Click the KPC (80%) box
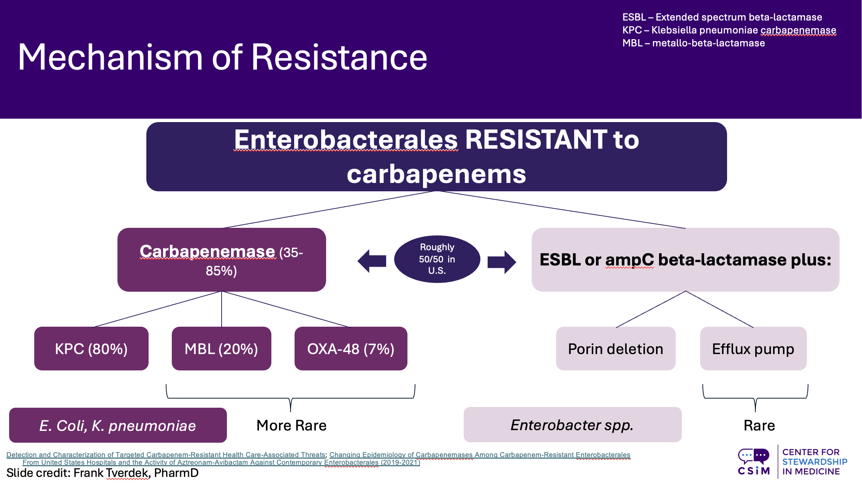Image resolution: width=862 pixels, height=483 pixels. click(x=91, y=348)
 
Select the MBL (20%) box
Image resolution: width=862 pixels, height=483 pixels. click(x=221, y=348)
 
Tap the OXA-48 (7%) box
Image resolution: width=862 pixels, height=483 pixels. click(x=350, y=348)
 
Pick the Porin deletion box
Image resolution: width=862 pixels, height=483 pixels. click(x=615, y=348)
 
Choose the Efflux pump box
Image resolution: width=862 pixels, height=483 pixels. click(x=753, y=348)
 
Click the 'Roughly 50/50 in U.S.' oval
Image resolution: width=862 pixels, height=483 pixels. click(x=437, y=259)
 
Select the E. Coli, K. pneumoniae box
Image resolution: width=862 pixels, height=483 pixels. click(x=118, y=425)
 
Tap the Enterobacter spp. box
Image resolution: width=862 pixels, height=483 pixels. click(x=572, y=424)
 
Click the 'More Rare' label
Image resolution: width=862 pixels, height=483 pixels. click(x=292, y=425)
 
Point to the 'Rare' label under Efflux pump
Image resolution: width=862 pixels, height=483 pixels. click(x=759, y=425)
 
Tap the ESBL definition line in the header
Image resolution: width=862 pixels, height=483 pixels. click(x=722, y=17)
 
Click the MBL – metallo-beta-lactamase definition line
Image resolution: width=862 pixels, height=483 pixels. click(x=693, y=43)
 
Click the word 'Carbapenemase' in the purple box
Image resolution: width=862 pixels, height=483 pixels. click(x=208, y=251)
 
